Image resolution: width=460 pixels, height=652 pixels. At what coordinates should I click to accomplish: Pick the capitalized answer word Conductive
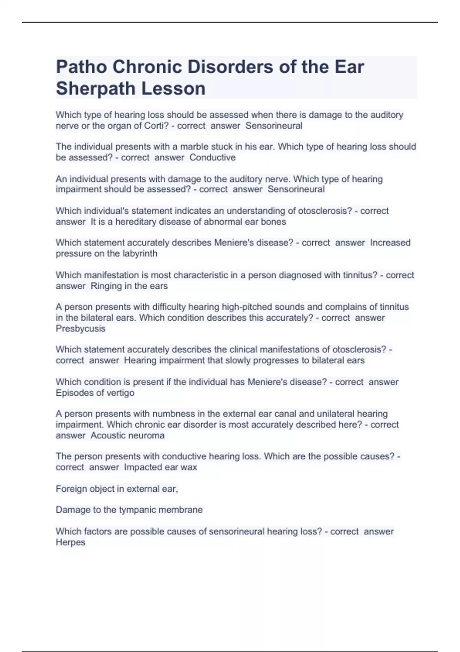tap(212, 158)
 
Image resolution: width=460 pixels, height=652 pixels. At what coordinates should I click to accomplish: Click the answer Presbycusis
tap(80, 329)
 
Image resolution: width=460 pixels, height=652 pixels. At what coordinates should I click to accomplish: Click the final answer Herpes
tap(71, 542)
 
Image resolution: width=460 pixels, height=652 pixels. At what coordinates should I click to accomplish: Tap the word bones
tap(273, 222)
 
